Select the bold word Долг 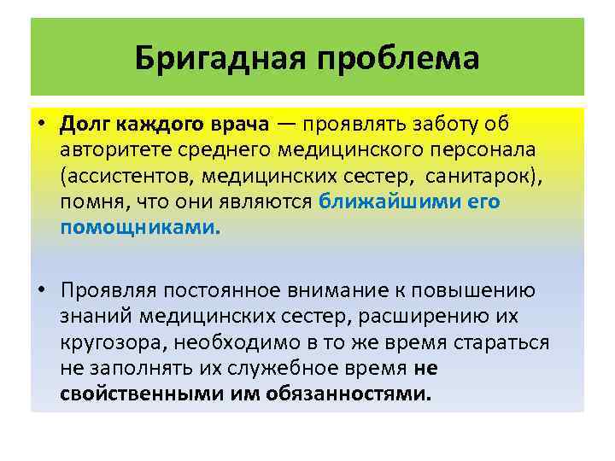(x=84, y=124)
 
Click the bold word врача (x=240, y=124)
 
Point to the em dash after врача (x=287, y=124)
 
